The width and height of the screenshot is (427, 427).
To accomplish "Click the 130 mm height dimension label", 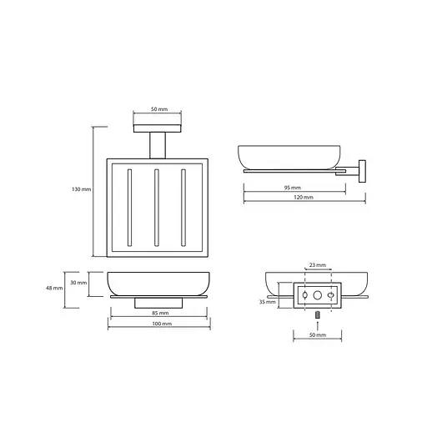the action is click(82, 189).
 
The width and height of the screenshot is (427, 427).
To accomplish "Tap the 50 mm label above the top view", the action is click(159, 109).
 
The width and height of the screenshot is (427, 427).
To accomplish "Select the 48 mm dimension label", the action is click(54, 289).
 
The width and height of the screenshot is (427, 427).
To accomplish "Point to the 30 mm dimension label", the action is click(78, 283).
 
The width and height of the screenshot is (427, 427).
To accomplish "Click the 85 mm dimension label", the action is click(160, 314).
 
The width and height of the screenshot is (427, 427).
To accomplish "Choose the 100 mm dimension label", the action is click(162, 324).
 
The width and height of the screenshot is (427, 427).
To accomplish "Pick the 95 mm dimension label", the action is click(293, 188).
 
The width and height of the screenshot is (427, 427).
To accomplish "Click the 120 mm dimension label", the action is click(304, 198).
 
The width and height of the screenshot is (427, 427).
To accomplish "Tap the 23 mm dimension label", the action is click(318, 265).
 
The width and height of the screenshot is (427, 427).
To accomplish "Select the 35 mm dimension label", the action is click(268, 302).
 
